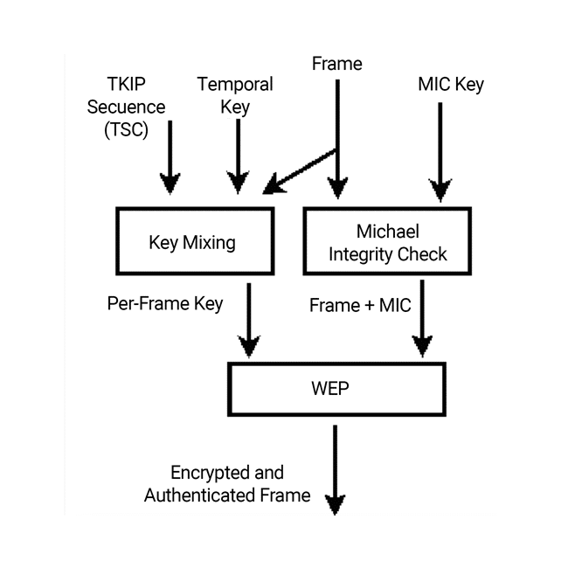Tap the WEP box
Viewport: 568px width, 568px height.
point(336,387)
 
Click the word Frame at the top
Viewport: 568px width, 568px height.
point(336,63)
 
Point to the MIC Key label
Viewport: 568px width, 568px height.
point(451,85)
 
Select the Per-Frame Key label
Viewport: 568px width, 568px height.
point(165,304)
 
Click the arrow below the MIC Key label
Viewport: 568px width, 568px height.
point(440,149)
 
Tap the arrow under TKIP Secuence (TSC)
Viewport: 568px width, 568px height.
point(170,157)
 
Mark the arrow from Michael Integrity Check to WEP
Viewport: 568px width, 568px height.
point(423,319)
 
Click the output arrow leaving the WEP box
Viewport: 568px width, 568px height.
point(336,468)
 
